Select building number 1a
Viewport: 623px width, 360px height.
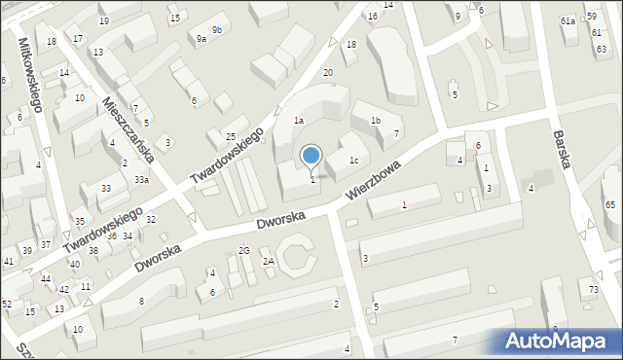300,120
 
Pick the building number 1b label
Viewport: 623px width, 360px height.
375,120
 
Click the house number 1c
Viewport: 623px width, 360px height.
354,161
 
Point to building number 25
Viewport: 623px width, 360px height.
231,136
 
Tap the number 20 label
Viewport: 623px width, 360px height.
328,73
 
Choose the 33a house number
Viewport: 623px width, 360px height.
142,180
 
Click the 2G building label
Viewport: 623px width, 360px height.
244,251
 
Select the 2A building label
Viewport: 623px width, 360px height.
269,262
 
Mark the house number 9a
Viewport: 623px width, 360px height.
201,39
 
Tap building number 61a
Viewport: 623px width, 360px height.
568,20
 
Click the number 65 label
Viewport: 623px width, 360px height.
610,205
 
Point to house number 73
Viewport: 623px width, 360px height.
594,290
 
